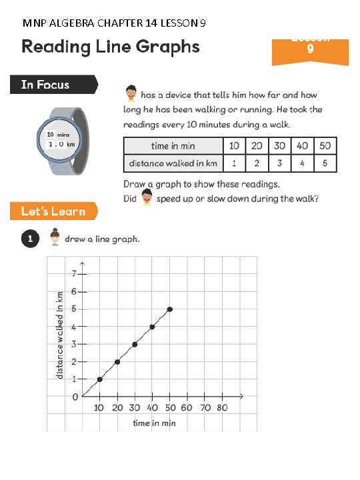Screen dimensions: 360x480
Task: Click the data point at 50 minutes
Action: tap(170, 309)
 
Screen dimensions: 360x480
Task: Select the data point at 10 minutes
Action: tap(99, 379)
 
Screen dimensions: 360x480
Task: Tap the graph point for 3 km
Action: tap(135, 344)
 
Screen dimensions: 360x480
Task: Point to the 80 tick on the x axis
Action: tap(223, 407)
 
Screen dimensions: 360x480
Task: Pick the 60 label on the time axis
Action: tap(187, 407)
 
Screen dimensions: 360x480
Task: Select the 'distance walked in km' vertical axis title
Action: tap(60, 335)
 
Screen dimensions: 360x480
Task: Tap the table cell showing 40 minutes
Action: tap(301, 146)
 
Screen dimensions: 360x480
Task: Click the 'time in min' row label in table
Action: tap(173, 146)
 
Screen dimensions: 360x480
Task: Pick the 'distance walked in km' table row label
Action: tap(173, 163)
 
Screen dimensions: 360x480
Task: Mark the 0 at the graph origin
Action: tap(75, 397)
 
